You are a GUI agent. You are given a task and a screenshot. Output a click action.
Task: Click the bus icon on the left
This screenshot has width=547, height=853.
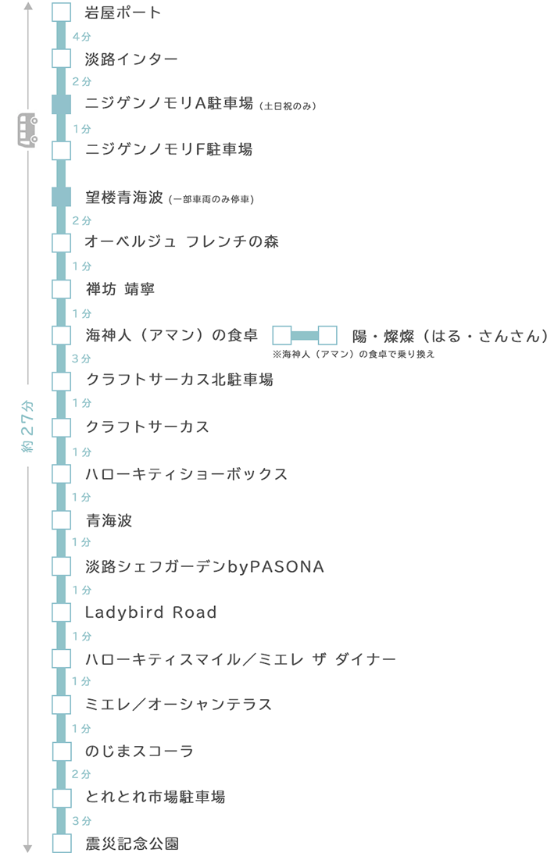click(28, 130)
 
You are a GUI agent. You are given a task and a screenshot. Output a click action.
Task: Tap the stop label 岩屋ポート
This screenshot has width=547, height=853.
click(123, 12)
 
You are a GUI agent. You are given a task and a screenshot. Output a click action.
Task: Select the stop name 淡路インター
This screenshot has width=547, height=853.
click(131, 59)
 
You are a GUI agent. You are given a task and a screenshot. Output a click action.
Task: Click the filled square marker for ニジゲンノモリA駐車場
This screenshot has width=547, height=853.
click(62, 104)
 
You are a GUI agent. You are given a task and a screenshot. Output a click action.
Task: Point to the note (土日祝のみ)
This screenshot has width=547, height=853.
click(287, 106)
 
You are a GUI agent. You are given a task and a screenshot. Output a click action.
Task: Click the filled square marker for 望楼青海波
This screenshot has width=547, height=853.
click(62, 197)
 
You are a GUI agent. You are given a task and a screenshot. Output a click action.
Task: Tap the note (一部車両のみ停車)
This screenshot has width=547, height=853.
click(211, 199)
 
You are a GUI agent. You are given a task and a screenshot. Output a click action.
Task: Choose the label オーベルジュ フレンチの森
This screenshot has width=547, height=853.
click(181, 242)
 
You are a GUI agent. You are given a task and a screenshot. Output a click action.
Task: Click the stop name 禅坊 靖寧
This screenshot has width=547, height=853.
click(120, 289)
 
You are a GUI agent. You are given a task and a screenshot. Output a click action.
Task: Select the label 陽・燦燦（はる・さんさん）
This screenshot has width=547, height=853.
click(449, 336)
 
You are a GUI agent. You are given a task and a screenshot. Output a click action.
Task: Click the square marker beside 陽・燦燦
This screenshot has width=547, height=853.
click(327, 336)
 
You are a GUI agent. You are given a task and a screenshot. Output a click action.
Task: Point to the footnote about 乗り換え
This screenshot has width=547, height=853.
click(352, 354)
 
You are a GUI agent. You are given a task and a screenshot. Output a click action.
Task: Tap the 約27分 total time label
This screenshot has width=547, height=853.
click(28, 426)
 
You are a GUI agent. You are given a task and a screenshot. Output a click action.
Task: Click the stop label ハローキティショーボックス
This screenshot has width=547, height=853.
click(186, 474)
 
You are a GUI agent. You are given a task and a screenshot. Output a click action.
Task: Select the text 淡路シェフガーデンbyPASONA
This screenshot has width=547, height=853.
click(204, 566)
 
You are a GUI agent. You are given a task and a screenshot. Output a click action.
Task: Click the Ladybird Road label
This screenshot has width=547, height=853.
click(150, 612)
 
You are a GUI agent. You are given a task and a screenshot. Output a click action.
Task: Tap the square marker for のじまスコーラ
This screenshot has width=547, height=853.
click(62, 751)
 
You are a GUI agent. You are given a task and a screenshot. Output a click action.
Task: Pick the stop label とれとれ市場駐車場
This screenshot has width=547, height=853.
click(155, 797)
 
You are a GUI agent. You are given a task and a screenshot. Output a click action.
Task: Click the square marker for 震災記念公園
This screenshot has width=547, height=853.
click(62, 843)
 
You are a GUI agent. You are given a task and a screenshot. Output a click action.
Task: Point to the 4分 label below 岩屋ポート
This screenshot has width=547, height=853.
click(81, 36)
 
